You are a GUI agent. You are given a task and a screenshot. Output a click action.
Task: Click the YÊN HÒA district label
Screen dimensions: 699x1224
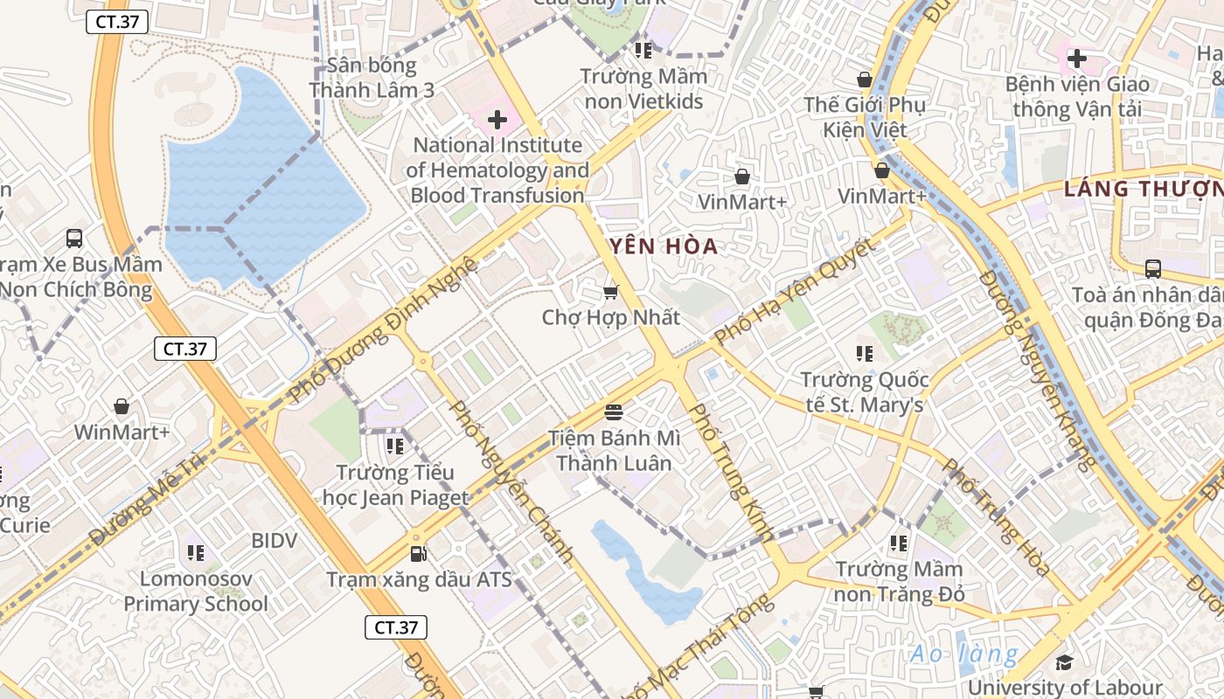[663, 246]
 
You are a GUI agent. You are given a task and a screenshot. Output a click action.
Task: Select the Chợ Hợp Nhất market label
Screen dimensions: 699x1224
[610, 317]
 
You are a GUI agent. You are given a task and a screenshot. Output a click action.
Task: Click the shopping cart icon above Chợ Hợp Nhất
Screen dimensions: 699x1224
[610, 292]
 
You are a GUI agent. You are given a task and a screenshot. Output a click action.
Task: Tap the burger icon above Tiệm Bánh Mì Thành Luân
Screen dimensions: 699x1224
[613, 412]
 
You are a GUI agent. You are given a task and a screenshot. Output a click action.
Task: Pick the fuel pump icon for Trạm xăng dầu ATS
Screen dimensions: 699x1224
[419, 553]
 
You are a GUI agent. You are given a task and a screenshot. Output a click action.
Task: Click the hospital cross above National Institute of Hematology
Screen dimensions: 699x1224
[497, 119]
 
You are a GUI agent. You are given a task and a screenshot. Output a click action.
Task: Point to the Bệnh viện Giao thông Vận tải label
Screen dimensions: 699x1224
[1077, 97]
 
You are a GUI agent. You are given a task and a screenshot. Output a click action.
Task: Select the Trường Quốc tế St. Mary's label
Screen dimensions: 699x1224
[864, 392]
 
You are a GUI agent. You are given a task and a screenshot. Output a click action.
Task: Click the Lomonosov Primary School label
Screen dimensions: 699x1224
[196, 591]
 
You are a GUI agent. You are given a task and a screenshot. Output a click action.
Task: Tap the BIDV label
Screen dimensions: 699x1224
[274, 541]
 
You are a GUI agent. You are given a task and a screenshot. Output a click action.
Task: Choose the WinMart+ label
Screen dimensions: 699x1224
[122, 432]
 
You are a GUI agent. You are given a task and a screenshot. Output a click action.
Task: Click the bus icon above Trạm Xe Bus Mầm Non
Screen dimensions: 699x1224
[74, 238]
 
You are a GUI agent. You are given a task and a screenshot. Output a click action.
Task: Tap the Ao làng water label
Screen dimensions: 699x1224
[963, 654]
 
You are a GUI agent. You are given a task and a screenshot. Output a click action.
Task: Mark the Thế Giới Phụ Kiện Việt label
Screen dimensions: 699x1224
[865, 117]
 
